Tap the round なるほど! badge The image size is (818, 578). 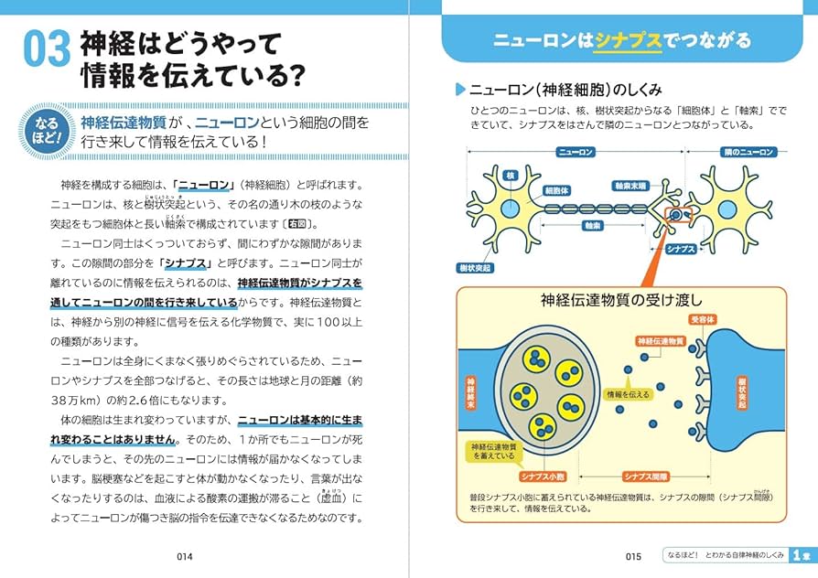point(46,130)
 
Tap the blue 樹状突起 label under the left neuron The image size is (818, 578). point(476,268)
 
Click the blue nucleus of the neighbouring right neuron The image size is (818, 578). point(728,209)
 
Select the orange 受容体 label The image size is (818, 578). point(702,319)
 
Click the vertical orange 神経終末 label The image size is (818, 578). point(471,391)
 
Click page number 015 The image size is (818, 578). point(633,555)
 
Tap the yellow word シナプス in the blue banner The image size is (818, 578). point(628,40)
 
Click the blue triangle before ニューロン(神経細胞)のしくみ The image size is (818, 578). point(461,90)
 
